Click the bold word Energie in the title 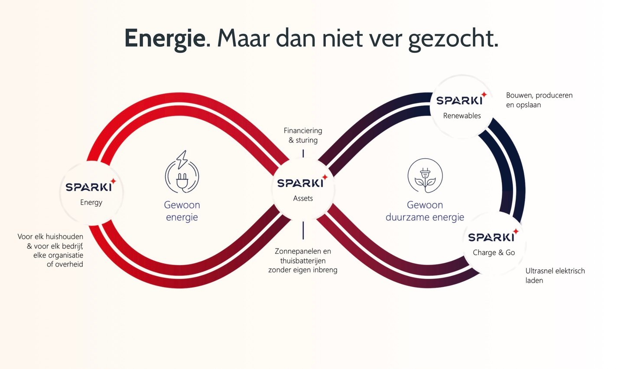pyautogui.click(x=165, y=38)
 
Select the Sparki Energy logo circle pyautogui.click(x=91, y=193)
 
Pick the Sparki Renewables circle pyautogui.click(x=462, y=107)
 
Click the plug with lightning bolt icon pyautogui.click(x=182, y=172)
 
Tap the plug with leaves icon pyautogui.click(x=425, y=176)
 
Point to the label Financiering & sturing pyautogui.click(x=303, y=135)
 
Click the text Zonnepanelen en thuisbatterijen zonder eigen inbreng pyautogui.click(x=303, y=260)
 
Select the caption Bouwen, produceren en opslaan pyautogui.click(x=539, y=100)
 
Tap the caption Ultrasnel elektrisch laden pyautogui.click(x=555, y=275)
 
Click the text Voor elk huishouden pyautogui.click(x=50, y=237)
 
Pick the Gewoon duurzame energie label pyautogui.click(x=425, y=211)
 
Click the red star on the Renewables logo pyautogui.click(x=484, y=95)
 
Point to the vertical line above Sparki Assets pyautogui.click(x=303, y=153)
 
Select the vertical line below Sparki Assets pyautogui.click(x=303, y=230)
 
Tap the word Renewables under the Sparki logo pyautogui.click(x=462, y=116)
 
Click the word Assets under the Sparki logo pyautogui.click(x=303, y=199)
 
